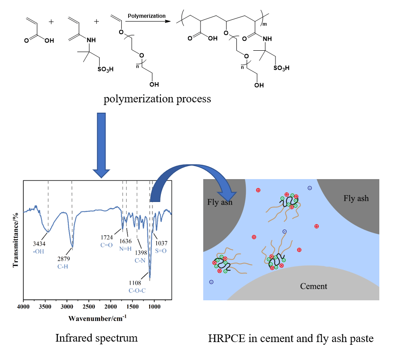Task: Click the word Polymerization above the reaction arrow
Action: tap(146, 16)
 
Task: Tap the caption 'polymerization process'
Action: tap(157, 99)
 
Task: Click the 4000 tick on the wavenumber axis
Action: tap(23, 307)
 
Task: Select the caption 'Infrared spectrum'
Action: tap(96, 338)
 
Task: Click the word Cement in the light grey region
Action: tap(314, 286)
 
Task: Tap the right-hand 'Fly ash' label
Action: tap(356, 198)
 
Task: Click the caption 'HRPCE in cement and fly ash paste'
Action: tap(291, 338)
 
